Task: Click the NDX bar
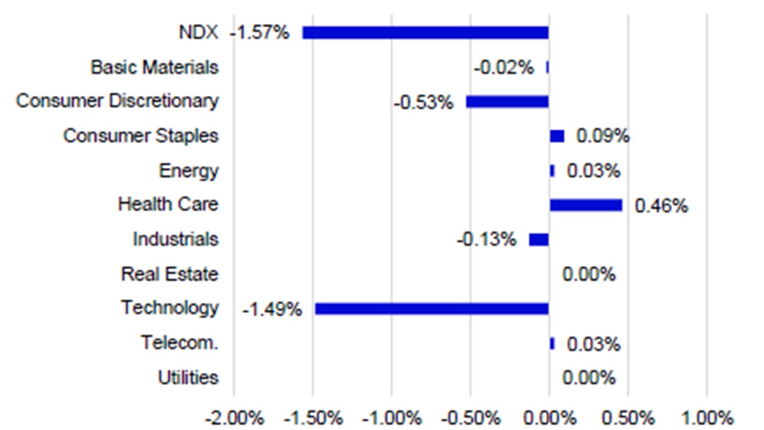[425, 33]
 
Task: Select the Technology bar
[432, 309]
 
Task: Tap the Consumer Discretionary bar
[507, 102]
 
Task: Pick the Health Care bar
[586, 205]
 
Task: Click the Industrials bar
[538, 239]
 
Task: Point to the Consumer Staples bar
[556, 136]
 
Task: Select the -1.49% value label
[272, 310]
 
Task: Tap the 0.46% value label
[661, 207]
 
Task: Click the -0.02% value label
[504, 68]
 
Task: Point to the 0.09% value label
[602, 137]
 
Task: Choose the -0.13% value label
[486, 240]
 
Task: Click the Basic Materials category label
[155, 67]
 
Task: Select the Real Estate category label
[170, 274]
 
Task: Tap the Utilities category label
[188, 377]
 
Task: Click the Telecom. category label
[180, 343]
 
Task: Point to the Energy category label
[189, 171]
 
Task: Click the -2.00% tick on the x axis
[234, 417]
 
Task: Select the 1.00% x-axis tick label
[707, 417]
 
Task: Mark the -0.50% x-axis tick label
[470, 417]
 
